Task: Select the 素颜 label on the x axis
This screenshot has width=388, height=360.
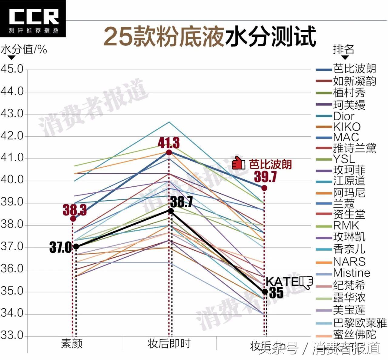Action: pos(72,344)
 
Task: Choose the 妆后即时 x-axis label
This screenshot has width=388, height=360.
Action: pos(169,344)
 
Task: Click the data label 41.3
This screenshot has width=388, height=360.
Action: pos(169,143)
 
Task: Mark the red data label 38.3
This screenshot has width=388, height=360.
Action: pos(75,210)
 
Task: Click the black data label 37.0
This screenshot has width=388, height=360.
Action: pos(60,248)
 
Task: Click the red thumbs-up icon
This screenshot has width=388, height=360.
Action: pos(238,163)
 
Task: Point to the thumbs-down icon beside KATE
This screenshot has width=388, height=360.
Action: pos(306,282)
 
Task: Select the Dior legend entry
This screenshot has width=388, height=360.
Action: pos(344,116)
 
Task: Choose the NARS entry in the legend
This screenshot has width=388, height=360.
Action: pos(349,261)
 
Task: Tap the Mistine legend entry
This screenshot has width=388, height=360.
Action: pos(352,273)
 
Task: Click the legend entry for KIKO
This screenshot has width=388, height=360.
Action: pos(347,127)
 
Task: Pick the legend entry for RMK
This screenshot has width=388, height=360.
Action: pos(346,225)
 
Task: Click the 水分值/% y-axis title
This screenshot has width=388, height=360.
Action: pos(24,49)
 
